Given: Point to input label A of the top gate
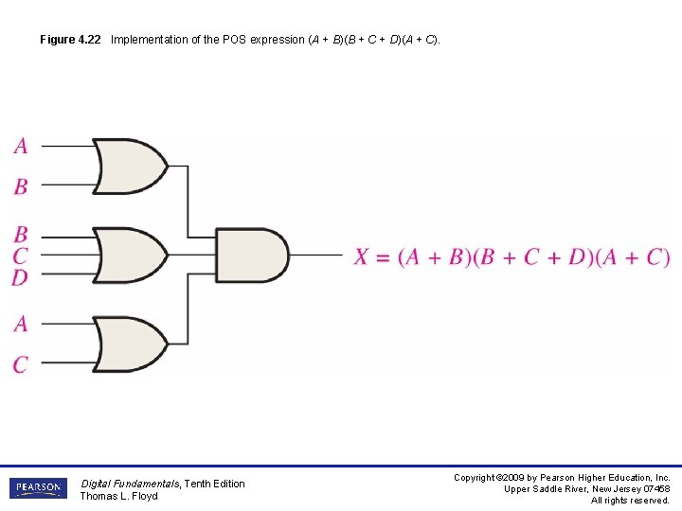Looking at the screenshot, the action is (21, 146).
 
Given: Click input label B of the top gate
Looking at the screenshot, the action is (21, 186).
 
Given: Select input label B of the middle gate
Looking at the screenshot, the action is (21, 234).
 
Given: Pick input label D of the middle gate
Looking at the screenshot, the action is (21, 277).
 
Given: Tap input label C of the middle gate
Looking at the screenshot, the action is (21, 255).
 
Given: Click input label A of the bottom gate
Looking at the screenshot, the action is (21, 324).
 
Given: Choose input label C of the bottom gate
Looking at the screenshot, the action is (21, 364).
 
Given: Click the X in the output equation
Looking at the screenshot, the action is (362, 256).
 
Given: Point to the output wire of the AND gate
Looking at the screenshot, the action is (316, 255).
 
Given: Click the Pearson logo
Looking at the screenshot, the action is (38, 488).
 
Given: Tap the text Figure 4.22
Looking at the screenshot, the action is (70, 40).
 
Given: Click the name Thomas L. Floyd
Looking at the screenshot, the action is (118, 496).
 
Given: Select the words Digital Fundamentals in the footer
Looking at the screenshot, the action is (129, 484).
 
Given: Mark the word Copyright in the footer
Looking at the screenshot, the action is (475, 478).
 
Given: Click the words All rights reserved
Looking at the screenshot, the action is (630, 501).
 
